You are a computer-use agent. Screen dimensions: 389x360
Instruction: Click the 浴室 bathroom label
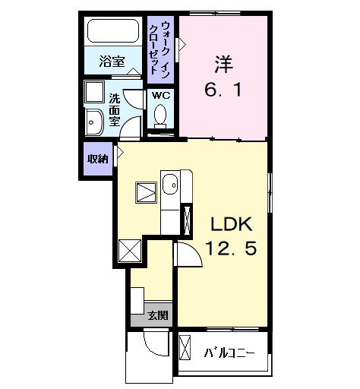point(112,62)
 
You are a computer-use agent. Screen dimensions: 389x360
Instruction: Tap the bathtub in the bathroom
point(112,33)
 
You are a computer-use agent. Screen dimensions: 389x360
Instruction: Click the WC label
point(160,95)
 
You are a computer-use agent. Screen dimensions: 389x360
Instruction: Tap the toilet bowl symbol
point(160,115)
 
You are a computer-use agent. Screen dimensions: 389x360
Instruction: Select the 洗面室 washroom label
point(114,109)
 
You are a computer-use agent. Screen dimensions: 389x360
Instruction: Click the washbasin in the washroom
point(96,122)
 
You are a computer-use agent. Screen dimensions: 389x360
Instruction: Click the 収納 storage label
point(96,159)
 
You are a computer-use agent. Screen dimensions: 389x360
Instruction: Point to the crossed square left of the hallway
point(130,249)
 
